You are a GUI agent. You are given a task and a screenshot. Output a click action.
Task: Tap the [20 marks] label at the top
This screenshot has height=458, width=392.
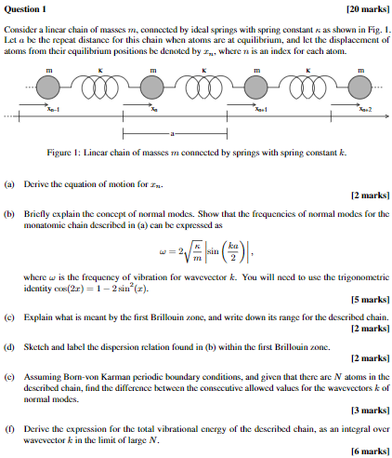(366, 9)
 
